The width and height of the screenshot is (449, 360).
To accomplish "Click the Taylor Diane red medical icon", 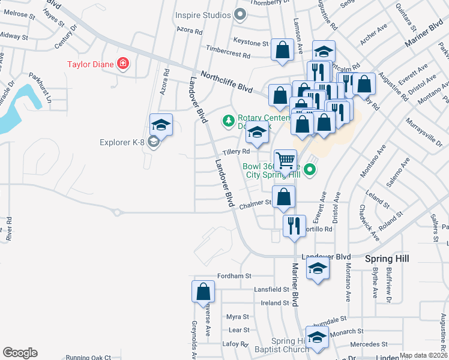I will (x=123, y=63).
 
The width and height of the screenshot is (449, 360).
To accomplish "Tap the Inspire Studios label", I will (x=203, y=14).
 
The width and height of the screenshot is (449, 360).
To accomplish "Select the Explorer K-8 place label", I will (x=123, y=142).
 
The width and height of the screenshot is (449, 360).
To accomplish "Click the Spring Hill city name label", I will (x=387, y=258).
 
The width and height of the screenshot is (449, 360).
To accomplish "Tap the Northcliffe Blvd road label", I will (x=226, y=80).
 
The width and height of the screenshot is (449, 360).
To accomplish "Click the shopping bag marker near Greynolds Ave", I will (x=203, y=292).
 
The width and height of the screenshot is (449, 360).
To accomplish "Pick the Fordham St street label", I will (x=233, y=276).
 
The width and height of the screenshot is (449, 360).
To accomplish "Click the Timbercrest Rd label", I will (x=228, y=55).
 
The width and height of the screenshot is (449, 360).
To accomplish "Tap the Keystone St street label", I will (x=251, y=43).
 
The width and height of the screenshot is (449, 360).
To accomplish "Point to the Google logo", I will (x=20, y=353).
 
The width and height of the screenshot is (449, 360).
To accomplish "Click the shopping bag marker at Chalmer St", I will (x=283, y=196).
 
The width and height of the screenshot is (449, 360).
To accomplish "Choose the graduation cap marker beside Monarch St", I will (x=317, y=337).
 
